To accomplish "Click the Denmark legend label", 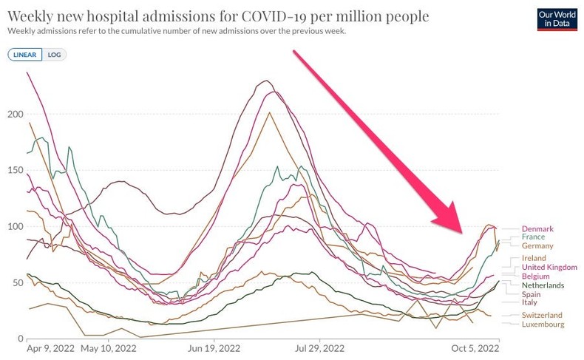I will coord(537,229).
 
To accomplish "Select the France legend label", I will coord(533,237).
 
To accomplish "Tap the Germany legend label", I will coord(537,245).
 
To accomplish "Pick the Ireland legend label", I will coord(534,258).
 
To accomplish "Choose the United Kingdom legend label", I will coord(549,267).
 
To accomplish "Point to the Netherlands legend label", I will coord(543,285).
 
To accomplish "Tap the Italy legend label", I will coord(530,302).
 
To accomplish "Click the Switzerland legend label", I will coord(543,316).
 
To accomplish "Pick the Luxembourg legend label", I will coord(543,325).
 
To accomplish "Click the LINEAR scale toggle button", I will coord(25,55).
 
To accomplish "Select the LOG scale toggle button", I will coord(54,55).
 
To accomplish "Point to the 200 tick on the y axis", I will coord(15,114).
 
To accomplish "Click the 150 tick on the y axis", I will coord(15,170).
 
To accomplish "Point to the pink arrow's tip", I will coord(462,232).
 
